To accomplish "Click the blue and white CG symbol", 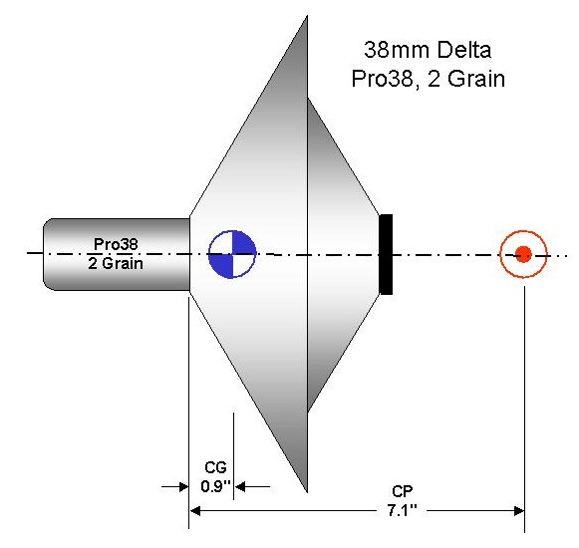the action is [x=232, y=254].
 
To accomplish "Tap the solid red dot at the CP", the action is [x=523, y=254].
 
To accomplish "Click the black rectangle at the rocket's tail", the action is [x=386, y=254].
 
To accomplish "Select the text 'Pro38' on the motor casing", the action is [x=116, y=244].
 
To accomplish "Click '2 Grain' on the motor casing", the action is [x=116, y=263].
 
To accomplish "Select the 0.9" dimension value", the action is [x=215, y=486].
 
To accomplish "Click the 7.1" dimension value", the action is [x=402, y=511].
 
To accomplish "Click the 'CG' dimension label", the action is [x=215, y=467].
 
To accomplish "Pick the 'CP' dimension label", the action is [x=403, y=492].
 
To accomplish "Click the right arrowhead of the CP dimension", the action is [x=519, y=511].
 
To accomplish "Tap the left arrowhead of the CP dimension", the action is [x=194, y=511].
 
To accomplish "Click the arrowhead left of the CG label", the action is [x=183, y=487].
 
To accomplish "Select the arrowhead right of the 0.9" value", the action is [x=239, y=487].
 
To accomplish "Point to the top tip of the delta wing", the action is [x=307, y=16].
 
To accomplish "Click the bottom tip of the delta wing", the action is [x=307, y=492].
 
